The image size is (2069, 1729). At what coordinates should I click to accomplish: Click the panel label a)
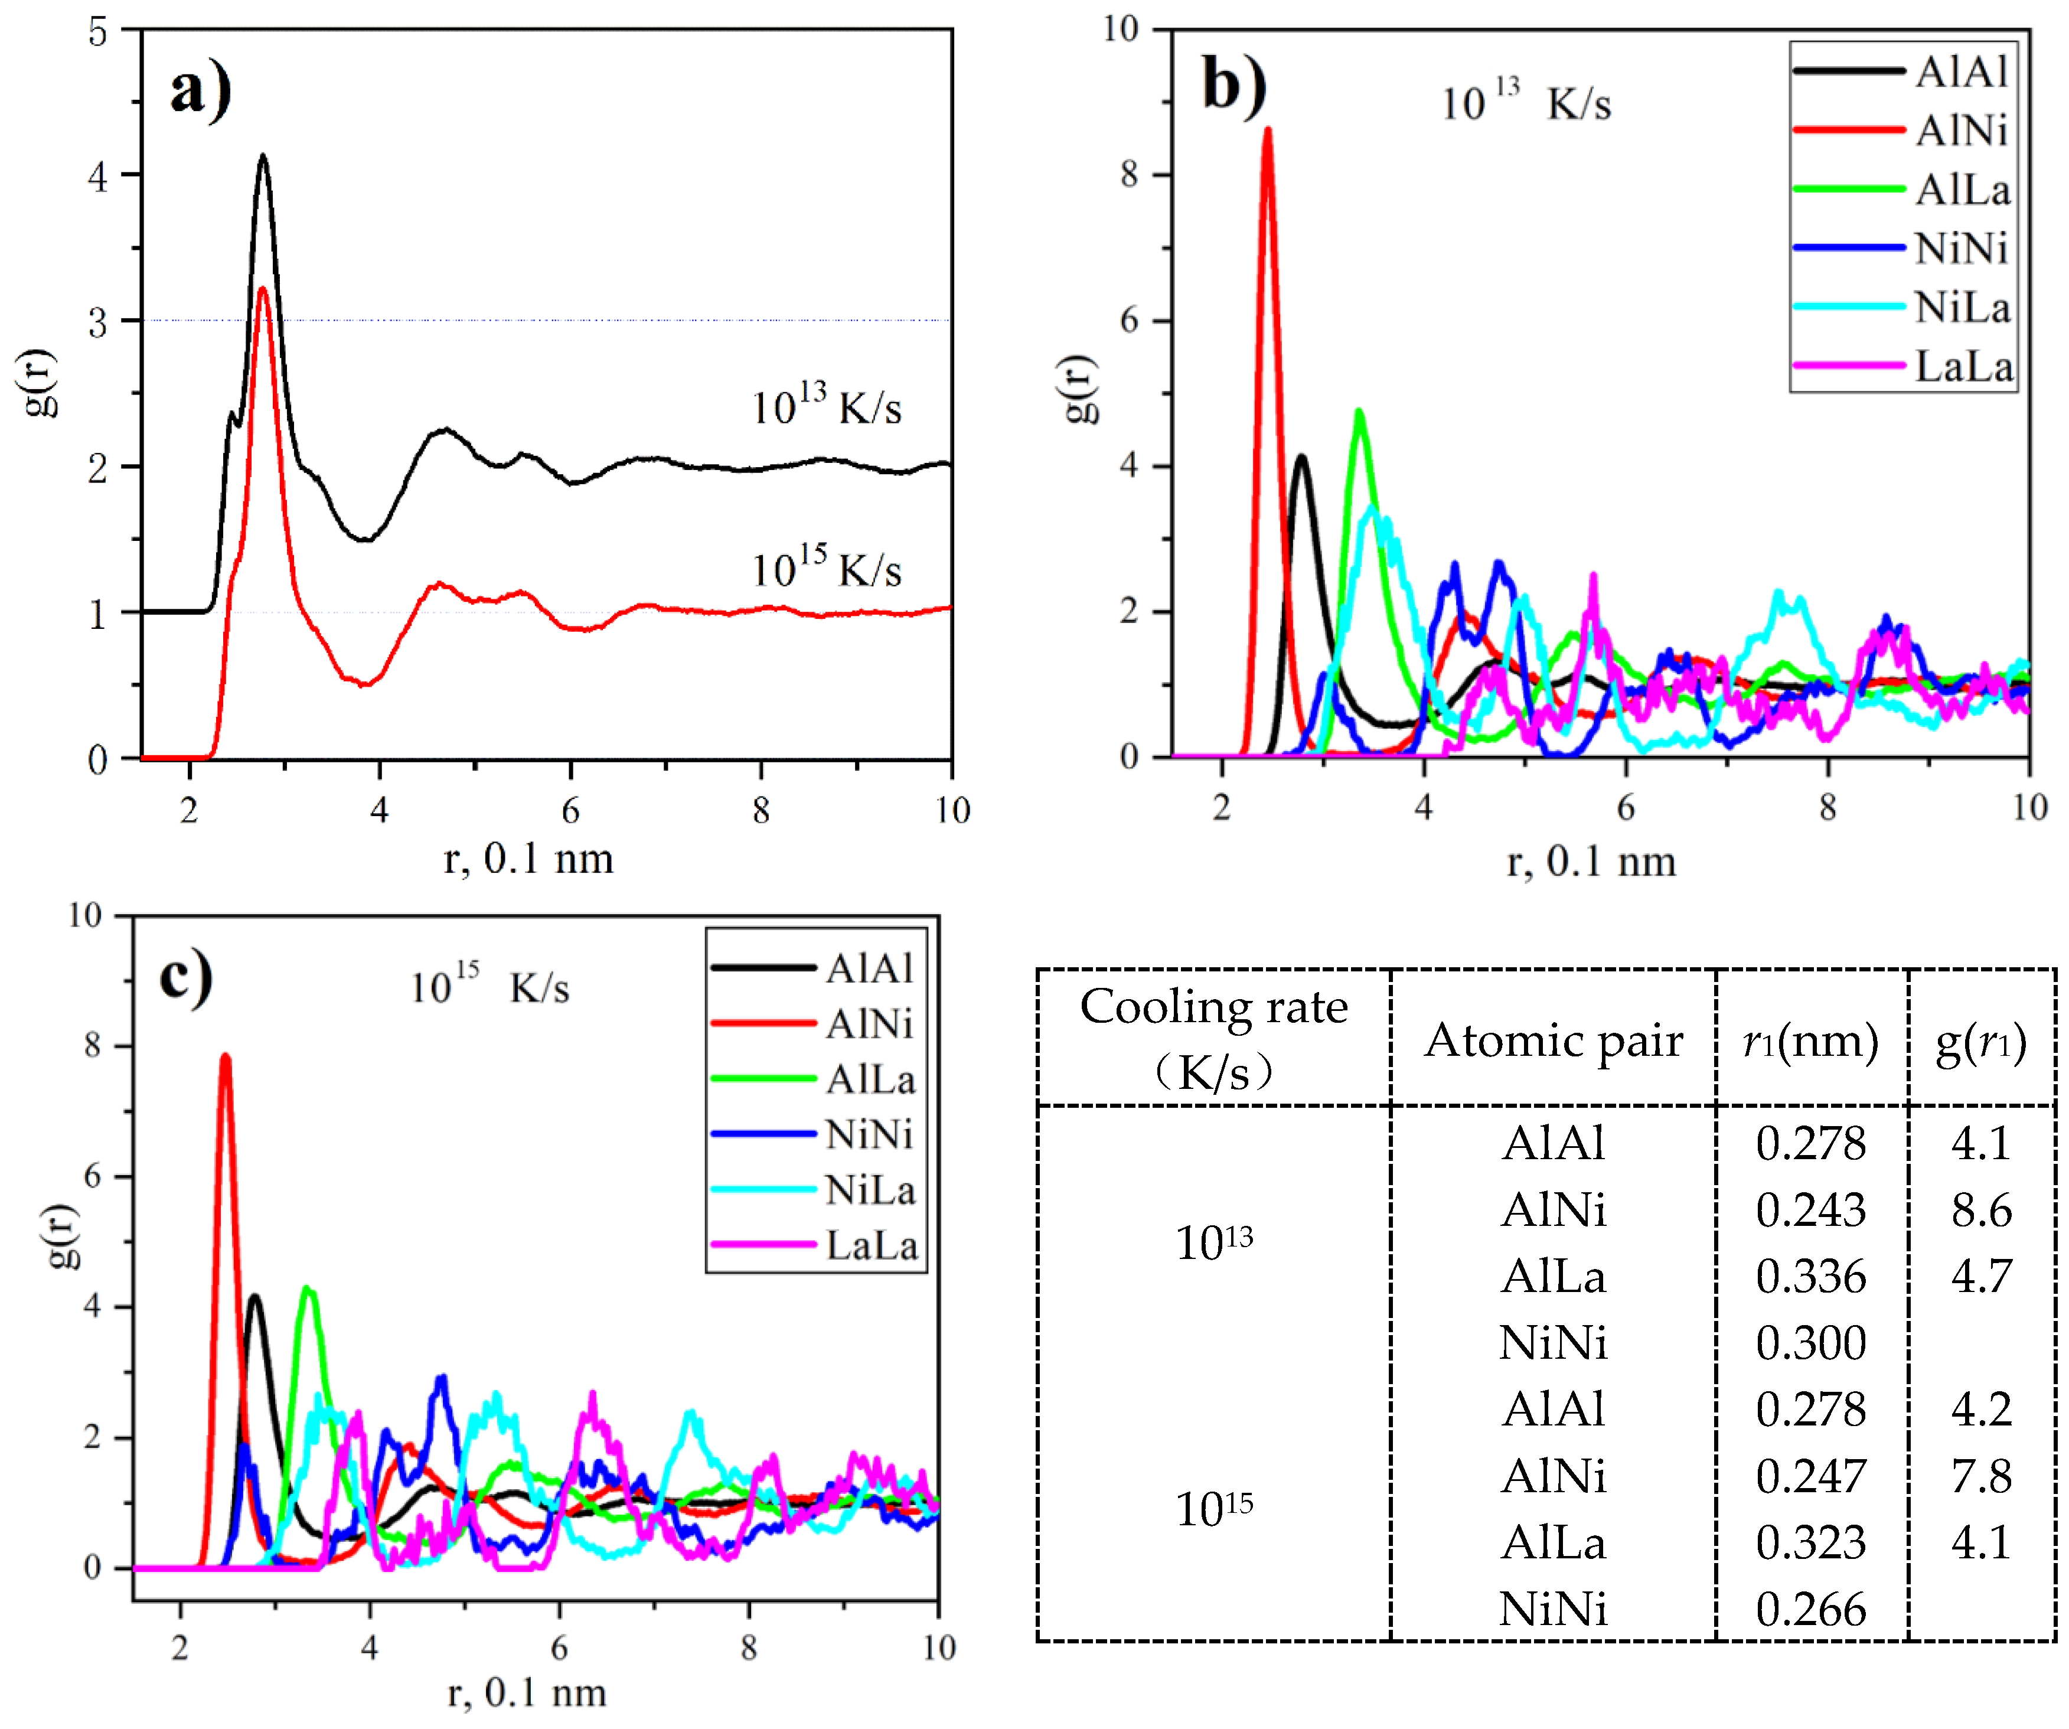click(200, 90)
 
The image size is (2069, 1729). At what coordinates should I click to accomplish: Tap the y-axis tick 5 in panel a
click(97, 31)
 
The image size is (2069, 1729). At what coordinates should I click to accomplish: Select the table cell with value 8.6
click(1980, 1210)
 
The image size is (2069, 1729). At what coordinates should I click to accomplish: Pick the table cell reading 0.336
click(1810, 1276)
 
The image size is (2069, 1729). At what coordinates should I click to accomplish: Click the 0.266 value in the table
click(1810, 1609)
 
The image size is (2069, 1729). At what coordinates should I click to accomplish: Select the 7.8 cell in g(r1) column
click(1980, 1476)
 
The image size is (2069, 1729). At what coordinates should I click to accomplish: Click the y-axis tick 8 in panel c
click(93, 1045)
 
